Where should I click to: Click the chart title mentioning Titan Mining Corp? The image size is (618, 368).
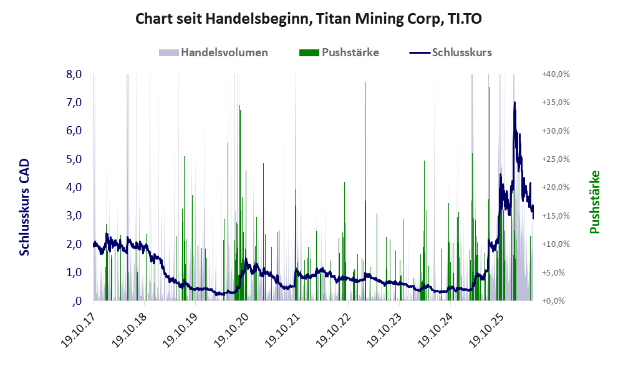point(309,19)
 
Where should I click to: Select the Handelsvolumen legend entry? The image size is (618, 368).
point(213,52)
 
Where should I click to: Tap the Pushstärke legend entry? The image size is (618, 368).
point(339,52)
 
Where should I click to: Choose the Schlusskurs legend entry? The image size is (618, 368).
point(450,52)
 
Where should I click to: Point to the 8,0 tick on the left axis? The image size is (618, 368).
point(74,74)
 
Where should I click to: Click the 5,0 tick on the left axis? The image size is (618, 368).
point(74,159)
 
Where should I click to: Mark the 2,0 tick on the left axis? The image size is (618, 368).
point(74,244)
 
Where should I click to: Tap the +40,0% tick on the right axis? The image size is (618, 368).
point(556,74)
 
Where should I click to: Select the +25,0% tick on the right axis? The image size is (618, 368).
point(556,159)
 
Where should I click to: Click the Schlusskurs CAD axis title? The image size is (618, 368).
point(24,207)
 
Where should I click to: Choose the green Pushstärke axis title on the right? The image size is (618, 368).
point(595,202)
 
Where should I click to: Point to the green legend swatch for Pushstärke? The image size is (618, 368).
point(309,53)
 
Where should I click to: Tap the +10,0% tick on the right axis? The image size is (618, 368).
point(556,244)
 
